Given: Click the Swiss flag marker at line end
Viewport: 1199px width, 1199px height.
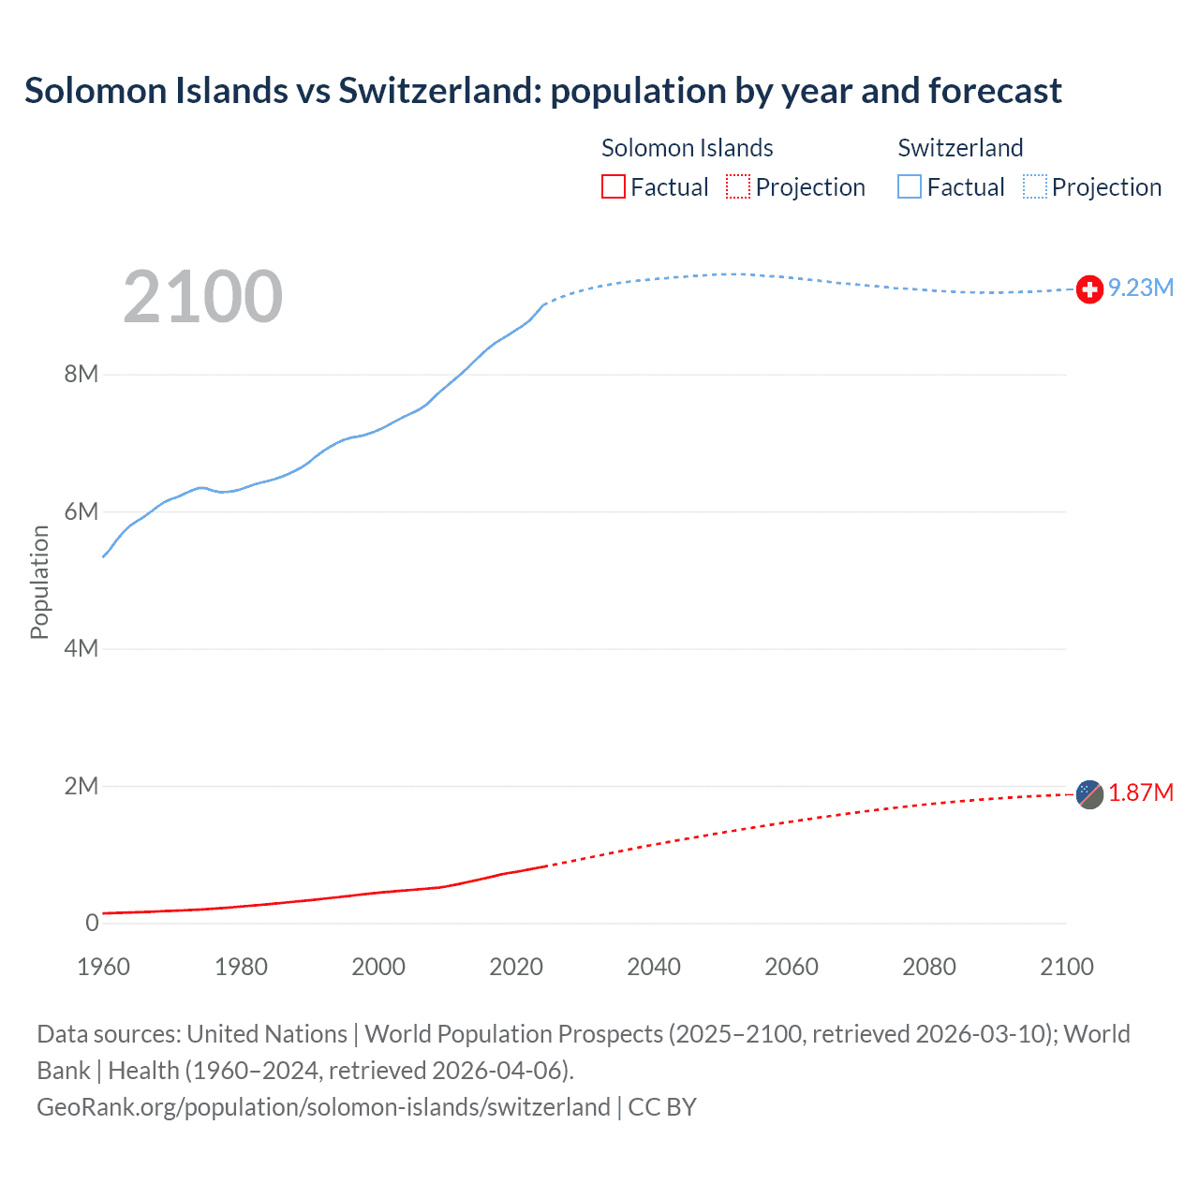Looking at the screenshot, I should pyautogui.click(x=1089, y=289).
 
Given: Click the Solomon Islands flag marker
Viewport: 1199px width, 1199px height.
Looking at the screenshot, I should pyautogui.click(x=1089, y=794).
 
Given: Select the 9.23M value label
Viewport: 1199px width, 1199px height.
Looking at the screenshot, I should pyautogui.click(x=1141, y=288).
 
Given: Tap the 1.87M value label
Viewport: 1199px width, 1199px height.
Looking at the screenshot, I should pyautogui.click(x=1141, y=792).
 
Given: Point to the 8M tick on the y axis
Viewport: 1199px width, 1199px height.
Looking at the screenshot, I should pyautogui.click(x=81, y=375).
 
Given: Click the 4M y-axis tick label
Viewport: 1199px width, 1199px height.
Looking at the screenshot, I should pyautogui.click(x=81, y=649).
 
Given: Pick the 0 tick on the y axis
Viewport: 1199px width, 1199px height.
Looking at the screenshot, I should pyautogui.click(x=92, y=923).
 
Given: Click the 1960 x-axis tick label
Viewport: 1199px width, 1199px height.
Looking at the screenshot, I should pyautogui.click(x=103, y=967).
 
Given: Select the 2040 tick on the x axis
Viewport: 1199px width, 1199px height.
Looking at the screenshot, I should pyautogui.click(x=654, y=967).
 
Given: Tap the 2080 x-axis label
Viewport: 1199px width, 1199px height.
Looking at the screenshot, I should pyautogui.click(x=929, y=967).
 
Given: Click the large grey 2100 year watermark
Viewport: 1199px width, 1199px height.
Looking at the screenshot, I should pyautogui.click(x=202, y=297).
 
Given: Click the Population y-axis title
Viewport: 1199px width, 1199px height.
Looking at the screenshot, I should pyautogui.click(x=39, y=582).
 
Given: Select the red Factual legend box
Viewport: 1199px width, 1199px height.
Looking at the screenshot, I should pyautogui.click(x=613, y=186).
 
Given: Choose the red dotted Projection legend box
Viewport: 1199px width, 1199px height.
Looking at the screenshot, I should pyautogui.click(x=738, y=186).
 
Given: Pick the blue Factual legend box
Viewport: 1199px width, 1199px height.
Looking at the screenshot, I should pyautogui.click(x=910, y=186).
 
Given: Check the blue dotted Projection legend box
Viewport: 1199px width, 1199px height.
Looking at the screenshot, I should pyautogui.click(x=1035, y=186).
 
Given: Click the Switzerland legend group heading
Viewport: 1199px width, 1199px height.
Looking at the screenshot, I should pyautogui.click(x=960, y=148).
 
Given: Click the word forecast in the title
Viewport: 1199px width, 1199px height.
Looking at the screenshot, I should pyautogui.click(x=995, y=91).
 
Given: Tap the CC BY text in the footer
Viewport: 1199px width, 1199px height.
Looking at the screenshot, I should pyautogui.click(x=662, y=1106).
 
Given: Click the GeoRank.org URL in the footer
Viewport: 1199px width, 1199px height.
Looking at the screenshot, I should pyautogui.click(x=323, y=1106).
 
